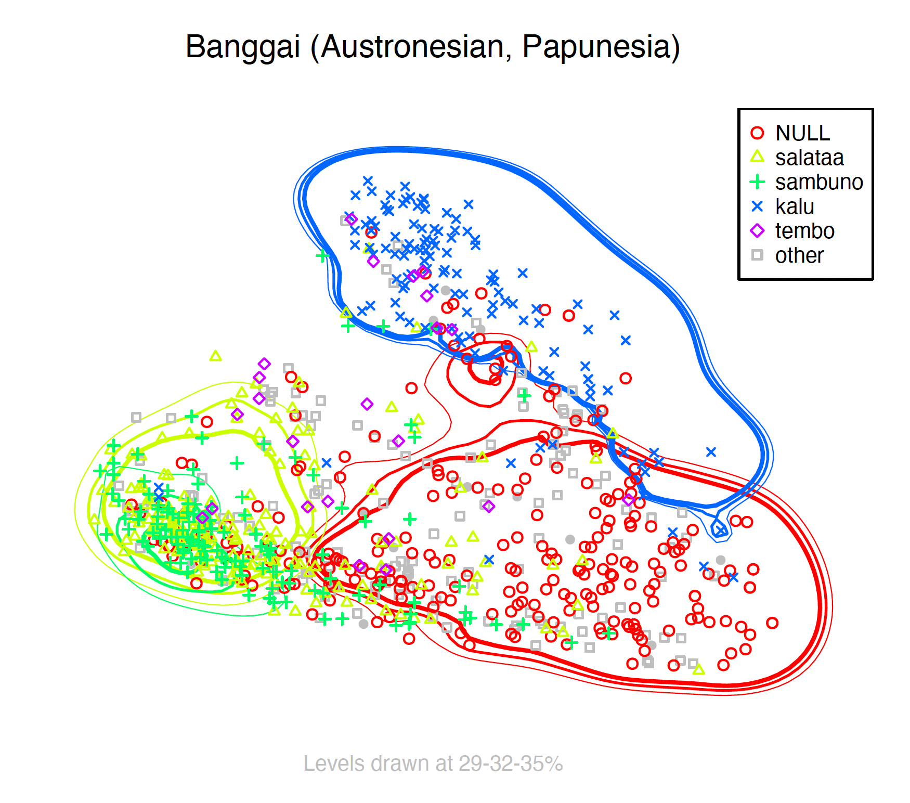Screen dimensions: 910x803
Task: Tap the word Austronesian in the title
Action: pos(411,47)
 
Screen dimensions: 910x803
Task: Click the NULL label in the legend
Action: pos(802,133)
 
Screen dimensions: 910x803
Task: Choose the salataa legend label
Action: pos(809,158)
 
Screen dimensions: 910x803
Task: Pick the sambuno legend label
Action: pos(819,182)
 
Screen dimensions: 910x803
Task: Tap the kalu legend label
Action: pos(795,206)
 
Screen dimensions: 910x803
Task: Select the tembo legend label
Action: pos(804,231)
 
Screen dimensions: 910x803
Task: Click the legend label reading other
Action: pos(799,255)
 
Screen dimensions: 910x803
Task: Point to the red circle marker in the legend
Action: pos(758,133)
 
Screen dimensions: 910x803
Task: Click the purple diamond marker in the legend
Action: pos(758,231)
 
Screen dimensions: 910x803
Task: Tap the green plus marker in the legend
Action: pos(758,182)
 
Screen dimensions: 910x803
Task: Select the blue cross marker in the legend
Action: pos(758,206)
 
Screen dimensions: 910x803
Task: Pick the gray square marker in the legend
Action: pos(758,255)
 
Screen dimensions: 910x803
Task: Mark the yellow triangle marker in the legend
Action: pos(758,157)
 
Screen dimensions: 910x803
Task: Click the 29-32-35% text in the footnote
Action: pos(511,764)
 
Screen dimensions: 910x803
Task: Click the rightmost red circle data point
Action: pos(772,623)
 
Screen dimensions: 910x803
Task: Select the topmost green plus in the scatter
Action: pos(322,256)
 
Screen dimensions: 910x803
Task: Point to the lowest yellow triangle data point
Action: pos(699,669)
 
